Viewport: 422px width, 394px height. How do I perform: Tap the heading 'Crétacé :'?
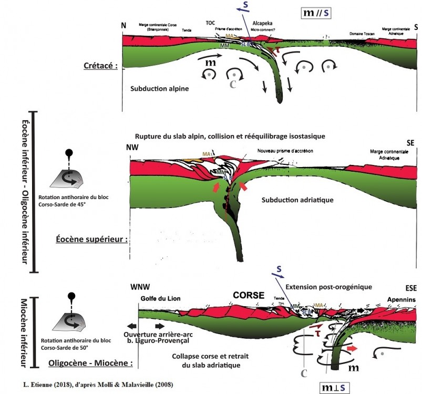(x=99, y=66)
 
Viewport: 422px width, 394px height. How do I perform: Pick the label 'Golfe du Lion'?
(x=160, y=298)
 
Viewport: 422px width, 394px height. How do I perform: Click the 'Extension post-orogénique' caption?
(x=328, y=287)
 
